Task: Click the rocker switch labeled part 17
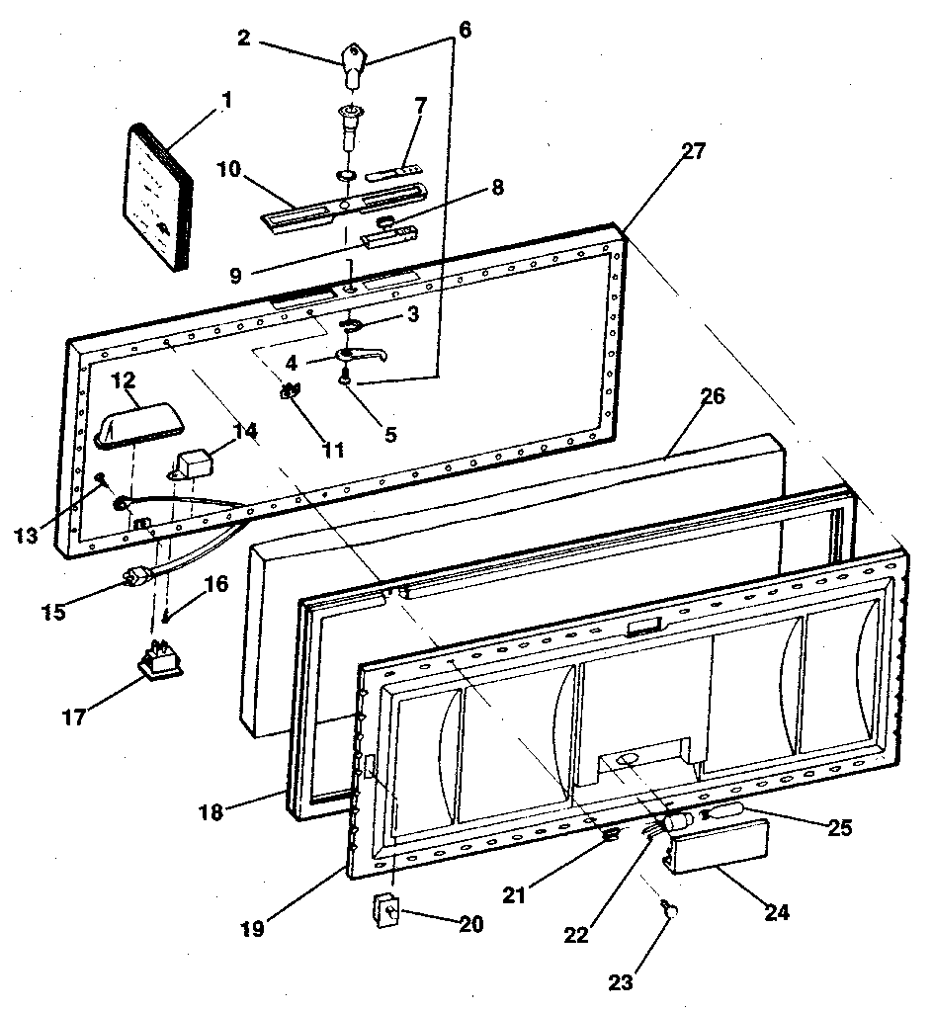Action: (160, 662)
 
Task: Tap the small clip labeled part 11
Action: (293, 392)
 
